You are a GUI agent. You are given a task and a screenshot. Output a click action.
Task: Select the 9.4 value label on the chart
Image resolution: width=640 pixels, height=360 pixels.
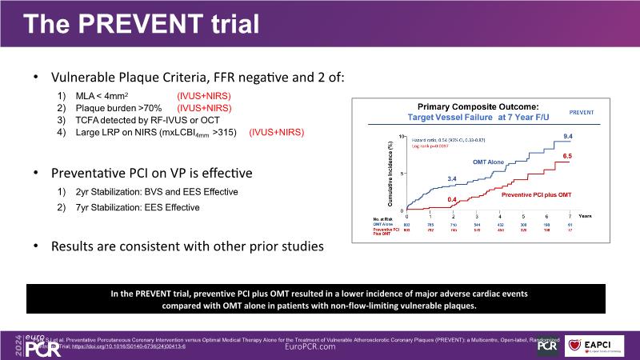click(x=567, y=137)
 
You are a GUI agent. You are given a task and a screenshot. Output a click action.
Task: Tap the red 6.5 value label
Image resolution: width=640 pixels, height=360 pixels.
click(x=567, y=155)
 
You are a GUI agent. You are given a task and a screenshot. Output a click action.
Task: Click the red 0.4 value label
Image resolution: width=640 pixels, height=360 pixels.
click(x=452, y=199)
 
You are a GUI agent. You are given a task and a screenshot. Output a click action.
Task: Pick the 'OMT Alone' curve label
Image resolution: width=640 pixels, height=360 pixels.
click(x=490, y=162)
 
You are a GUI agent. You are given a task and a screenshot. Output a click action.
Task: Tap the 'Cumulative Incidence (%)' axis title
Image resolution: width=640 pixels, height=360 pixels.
click(x=391, y=172)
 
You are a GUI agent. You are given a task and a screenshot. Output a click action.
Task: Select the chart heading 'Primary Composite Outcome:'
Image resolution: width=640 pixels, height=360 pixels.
click(x=478, y=106)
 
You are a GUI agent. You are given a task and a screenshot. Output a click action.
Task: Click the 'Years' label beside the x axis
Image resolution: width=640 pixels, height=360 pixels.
click(x=586, y=217)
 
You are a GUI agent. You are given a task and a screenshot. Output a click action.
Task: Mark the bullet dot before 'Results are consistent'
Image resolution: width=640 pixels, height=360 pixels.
click(x=35, y=247)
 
